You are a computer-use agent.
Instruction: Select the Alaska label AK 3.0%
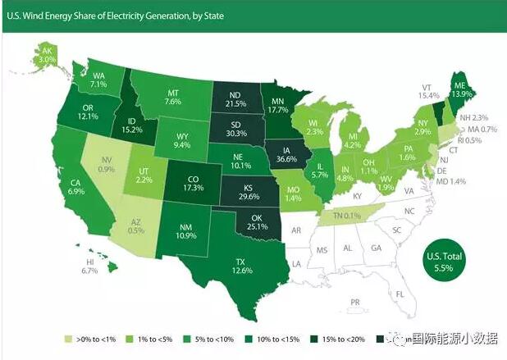[x=46, y=54]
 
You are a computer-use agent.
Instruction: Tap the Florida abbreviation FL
[x=401, y=294]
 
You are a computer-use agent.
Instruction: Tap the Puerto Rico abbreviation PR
[x=354, y=302]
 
